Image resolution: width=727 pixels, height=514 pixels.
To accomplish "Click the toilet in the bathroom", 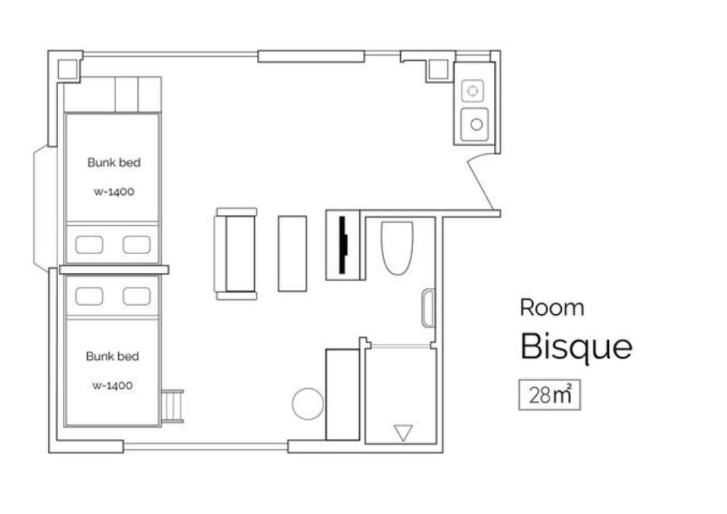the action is click(x=397, y=248).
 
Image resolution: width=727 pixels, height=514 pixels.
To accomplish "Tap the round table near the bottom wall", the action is click(x=308, y=403).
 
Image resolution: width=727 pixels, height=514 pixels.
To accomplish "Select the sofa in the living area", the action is click(x=236, y=254).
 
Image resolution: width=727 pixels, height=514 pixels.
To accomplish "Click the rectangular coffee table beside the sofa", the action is click(x=292, y=254).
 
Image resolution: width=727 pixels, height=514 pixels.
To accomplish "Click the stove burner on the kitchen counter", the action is click(x=473, y=91).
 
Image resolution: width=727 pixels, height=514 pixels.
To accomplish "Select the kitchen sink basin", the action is click(x=475, y=124).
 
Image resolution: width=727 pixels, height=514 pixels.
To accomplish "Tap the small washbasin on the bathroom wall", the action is click(x=428, y=308).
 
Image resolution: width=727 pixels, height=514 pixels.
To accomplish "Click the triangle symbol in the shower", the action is click(x=403, y=433).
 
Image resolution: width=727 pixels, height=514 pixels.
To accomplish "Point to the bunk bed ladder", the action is click(x=173, y=406).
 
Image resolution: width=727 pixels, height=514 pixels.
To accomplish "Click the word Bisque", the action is click(x=576, y=347).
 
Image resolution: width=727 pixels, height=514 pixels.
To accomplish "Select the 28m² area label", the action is click(x=549, y=395).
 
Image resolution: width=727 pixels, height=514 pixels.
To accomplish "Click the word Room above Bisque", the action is click(x=551, y=307).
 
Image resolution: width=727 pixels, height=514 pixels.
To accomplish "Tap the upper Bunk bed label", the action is click(x=113, y=162).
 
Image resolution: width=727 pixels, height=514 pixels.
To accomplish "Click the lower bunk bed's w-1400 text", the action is click(x=112, y=386).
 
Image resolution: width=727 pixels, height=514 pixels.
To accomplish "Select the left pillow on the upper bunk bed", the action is click(x=89, y=245).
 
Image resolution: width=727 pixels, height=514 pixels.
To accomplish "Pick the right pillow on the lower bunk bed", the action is click(x=137, y=296).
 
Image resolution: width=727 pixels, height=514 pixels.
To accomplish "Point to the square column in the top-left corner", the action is click(x=67, y=69).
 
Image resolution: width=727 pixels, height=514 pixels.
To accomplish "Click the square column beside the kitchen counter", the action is click(x=437, y=70).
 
